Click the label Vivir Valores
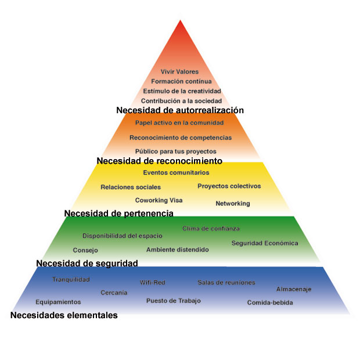179,71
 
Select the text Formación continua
181,81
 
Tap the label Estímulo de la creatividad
182,91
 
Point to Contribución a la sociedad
182,101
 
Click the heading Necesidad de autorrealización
179,110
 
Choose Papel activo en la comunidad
179,123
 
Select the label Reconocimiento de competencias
181,138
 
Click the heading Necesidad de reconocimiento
159,160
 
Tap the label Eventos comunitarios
176,172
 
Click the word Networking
232,204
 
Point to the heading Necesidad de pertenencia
118,213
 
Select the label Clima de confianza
211,229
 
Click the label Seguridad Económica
264,243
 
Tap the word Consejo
85,250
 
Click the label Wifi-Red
152,283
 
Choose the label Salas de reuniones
226,283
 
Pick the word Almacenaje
294,289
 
